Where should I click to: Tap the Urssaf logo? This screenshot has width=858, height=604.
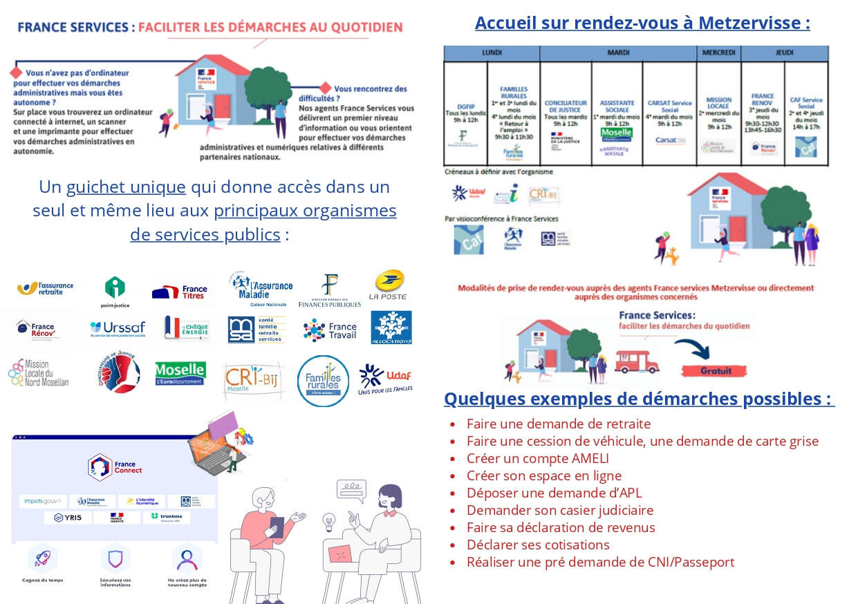pos(118,328)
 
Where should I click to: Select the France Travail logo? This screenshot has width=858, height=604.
pos(330,330)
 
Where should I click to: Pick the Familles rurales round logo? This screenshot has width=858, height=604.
pos(323,381)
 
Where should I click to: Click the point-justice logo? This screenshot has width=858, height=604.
pos(115,291)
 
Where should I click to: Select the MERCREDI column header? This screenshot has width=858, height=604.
pos(718,53)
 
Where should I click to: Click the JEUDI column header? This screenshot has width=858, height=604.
pos(784,53)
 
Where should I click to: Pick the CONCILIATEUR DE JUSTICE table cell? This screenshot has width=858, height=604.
pos(565,114)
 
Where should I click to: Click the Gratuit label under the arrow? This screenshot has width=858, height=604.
pos(716,371)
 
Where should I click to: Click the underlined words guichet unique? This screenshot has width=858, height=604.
pos(126,187)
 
